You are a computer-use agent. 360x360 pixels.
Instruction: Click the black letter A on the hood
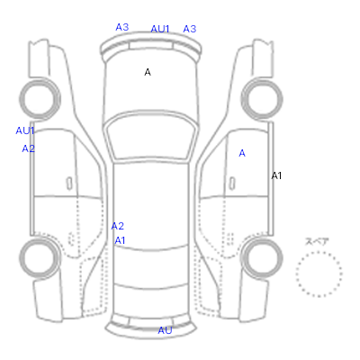click(148, 72)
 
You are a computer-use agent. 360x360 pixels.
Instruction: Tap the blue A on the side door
click(242, 153)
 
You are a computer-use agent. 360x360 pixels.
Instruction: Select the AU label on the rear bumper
click(165, 330)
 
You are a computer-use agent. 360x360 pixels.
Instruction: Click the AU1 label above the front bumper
click(160, 29)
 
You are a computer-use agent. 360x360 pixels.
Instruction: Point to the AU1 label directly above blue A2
click(25, 130)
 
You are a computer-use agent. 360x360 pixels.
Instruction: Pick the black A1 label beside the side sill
click(276, 175)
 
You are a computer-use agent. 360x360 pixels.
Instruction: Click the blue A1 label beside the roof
click(120, 240)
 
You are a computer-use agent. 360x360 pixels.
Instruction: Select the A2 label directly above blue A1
click(118, 226)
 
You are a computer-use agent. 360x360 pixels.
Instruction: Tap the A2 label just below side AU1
click(29, 148)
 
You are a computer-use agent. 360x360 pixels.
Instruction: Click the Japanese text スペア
click(317, 241)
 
